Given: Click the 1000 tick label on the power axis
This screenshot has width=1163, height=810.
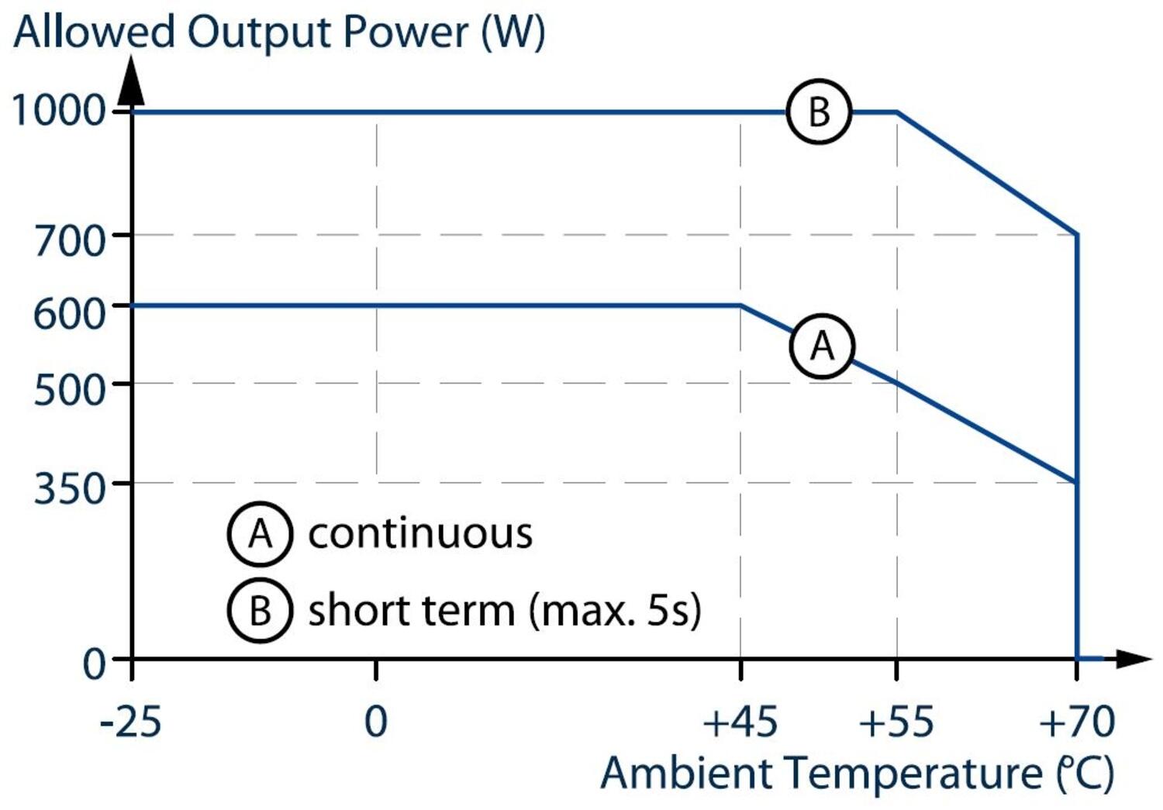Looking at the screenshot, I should click(x=59, y=110).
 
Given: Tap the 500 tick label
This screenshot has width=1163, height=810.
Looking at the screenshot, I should click(x=70, y=388).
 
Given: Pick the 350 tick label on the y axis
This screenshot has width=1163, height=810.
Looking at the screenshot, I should click(x=70, y=488).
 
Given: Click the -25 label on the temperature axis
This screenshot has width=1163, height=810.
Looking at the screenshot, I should click(x=130, y=722).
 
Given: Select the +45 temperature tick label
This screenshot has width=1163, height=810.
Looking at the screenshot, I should click(x=740, y=722).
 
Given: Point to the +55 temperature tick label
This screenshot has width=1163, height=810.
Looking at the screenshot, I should click(x=896, y=722).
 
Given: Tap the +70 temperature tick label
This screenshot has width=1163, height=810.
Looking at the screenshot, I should click(x=1076, y=722).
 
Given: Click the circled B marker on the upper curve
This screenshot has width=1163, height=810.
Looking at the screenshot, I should click(x=819, y=112).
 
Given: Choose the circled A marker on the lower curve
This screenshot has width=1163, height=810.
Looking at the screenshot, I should click(x=822, y=346).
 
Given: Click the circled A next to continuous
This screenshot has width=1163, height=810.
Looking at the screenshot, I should click(x=260, y=533).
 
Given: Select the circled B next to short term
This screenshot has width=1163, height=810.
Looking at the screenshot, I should click(x=260, y=610).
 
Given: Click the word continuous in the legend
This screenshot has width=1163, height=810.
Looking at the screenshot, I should click(x=420, y=533).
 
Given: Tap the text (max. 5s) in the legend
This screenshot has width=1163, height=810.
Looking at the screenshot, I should click(x=615, y=610).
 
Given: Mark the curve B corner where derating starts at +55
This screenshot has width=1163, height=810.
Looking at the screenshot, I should click(x=897, y=112).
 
